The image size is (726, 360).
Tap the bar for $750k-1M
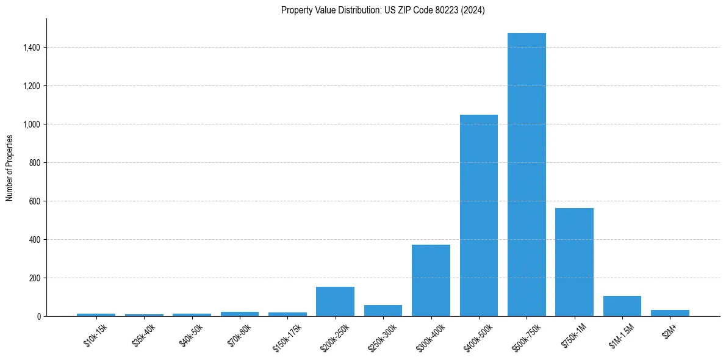pos(574,262)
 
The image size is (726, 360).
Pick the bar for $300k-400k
pos(431,281)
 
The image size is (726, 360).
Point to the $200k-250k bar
pos(335,301)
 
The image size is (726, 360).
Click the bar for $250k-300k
pos(383,311)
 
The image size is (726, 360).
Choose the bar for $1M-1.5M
pos(622,306)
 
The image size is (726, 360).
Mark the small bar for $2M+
pos(670,313)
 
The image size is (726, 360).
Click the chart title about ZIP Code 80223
pos(383,10)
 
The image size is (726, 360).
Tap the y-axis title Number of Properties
pos(10,168)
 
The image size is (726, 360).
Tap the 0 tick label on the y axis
pos(38,317)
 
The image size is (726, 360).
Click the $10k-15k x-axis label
pos(95,335)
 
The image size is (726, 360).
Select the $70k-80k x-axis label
pos(239,335)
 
